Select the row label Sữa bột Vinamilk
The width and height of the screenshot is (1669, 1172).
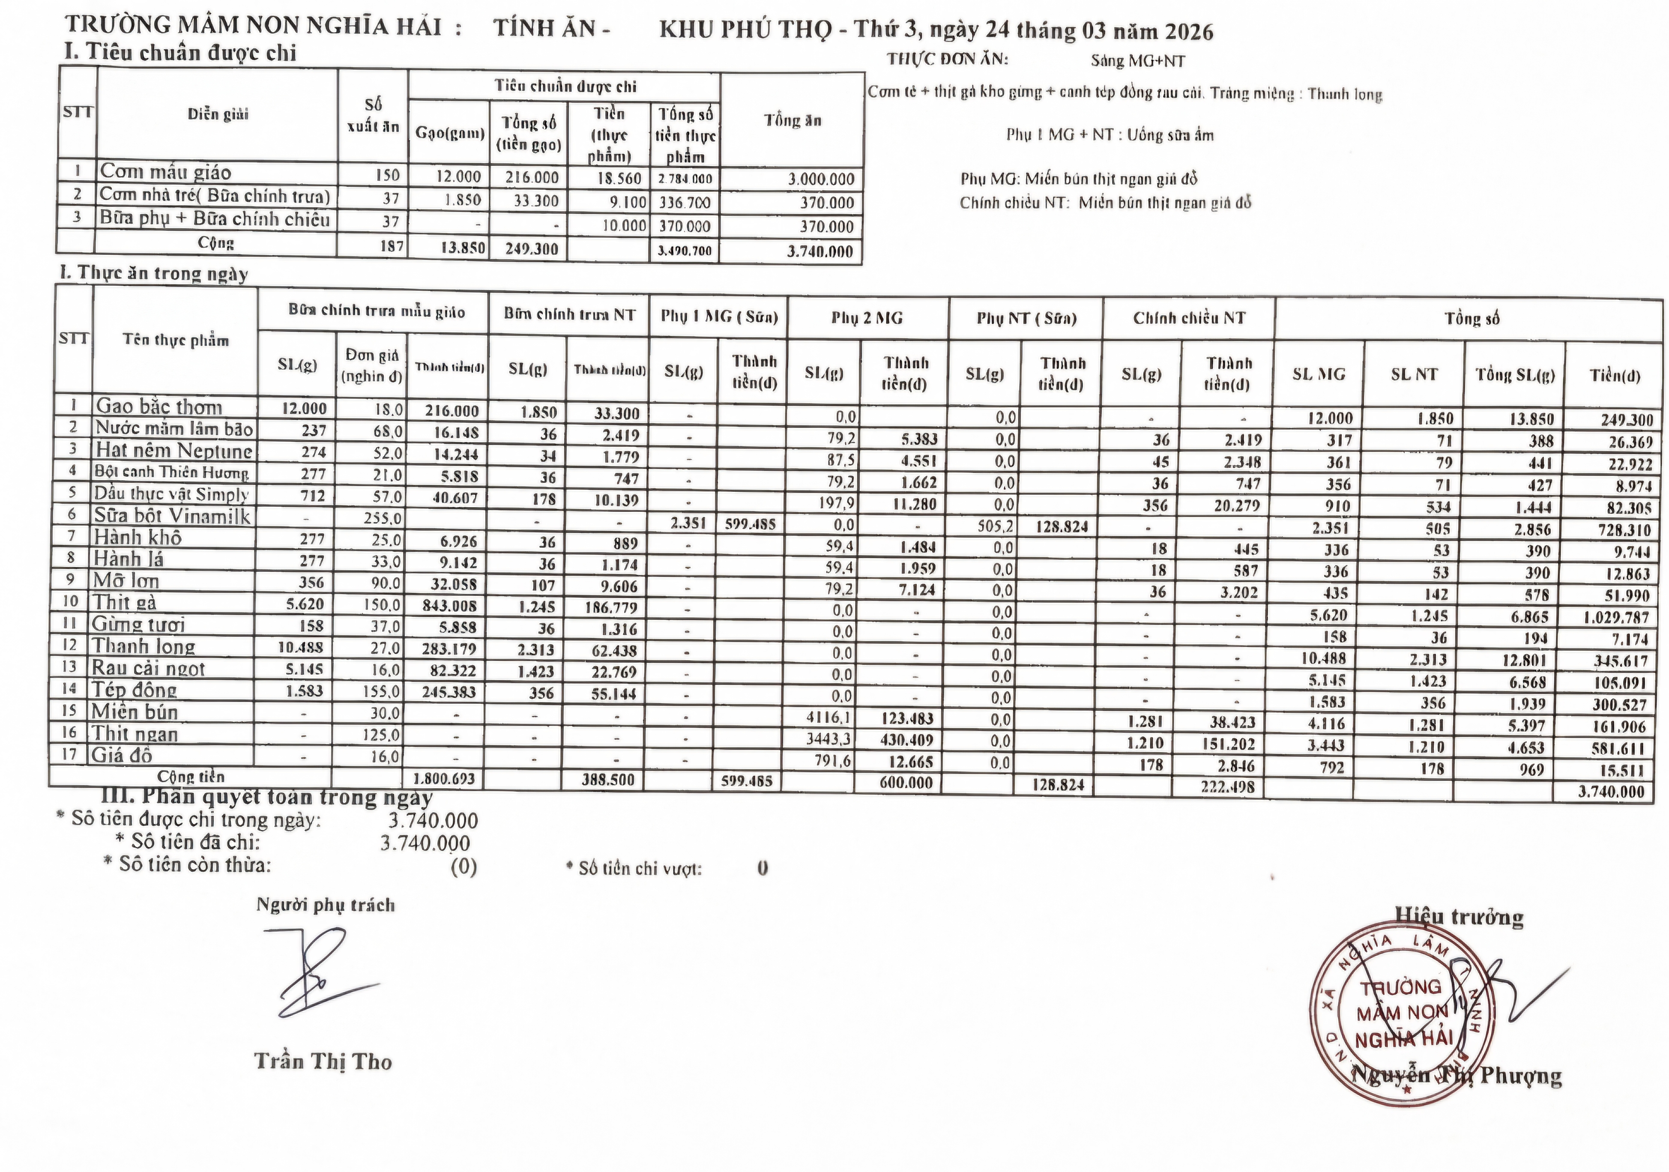point(172,516)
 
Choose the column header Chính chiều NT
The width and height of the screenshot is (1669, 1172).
point(1188,318)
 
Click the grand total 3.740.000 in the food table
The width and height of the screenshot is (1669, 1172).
point(1611,791)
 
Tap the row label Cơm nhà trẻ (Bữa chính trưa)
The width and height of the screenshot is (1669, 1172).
point(215,196)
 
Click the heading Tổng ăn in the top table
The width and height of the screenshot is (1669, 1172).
point(793,121)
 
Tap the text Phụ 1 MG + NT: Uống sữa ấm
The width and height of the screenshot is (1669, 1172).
point(1109,135)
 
